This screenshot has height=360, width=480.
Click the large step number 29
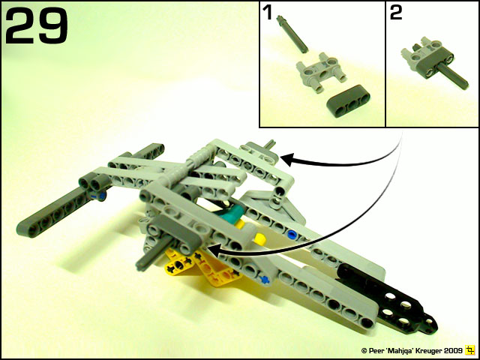[36, 25]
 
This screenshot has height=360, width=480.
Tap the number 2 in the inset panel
[395, 13]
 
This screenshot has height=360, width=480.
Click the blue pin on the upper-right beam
[292, 234]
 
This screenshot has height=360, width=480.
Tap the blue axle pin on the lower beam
[262, 279]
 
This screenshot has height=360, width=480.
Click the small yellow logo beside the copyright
[469, 349]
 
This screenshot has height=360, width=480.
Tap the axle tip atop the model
[271, 142]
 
